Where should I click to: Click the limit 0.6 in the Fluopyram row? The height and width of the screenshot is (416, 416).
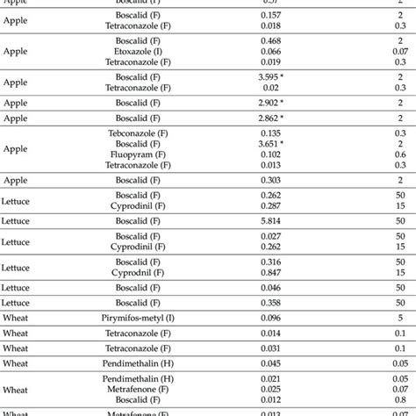click(x=399, y=154)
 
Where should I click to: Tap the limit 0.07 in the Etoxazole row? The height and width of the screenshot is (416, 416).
click(x=399, y=52)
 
